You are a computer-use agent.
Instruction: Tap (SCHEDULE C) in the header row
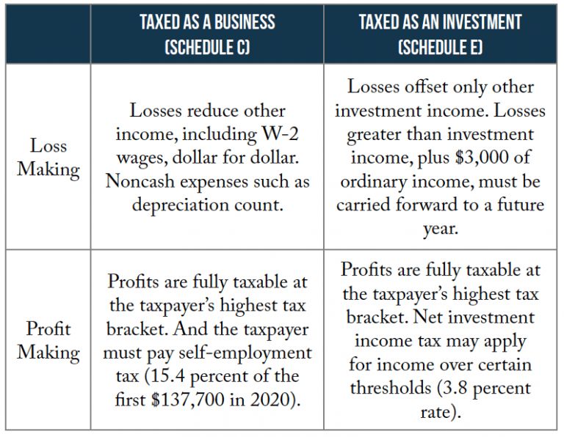tap(207, 48)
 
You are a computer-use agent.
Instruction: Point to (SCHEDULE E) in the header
tap(441, 48)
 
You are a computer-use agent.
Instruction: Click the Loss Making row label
tap(48, 158)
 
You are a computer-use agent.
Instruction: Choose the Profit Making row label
tap(48, 340)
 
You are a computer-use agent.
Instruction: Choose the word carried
tap(366, 204)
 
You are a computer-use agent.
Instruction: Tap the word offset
tap(425, 87)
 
